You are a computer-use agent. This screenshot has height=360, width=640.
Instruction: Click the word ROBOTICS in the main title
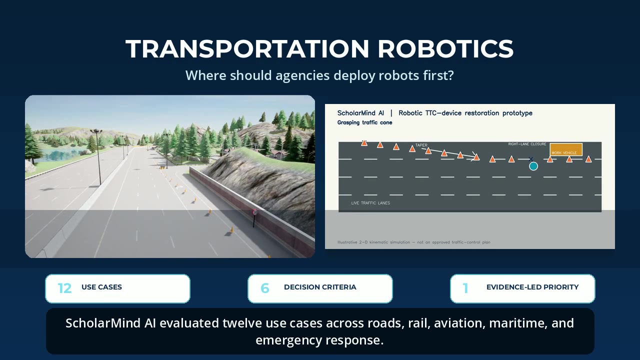point(445,49)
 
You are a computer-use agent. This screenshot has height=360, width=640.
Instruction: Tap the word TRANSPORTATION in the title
point(247,49)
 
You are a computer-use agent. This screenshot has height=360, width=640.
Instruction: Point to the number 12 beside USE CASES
point(64,288)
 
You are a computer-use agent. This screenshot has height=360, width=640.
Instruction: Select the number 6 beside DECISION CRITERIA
point(265,288)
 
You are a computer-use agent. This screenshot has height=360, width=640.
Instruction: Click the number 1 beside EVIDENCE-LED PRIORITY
point(465,288)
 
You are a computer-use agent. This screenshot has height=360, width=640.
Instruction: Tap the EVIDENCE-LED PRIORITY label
point(532,287)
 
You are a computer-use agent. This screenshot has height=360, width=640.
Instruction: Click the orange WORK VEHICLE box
point(566,149)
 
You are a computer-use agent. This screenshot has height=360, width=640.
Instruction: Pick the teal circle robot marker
point(533,166)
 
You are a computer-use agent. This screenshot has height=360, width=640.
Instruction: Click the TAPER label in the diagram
point(421,145)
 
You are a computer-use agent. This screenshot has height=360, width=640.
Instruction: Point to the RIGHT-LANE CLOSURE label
point(527,144)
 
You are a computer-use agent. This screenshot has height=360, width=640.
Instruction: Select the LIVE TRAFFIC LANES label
point(370,203)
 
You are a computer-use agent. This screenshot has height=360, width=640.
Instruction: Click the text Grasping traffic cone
point(364,122)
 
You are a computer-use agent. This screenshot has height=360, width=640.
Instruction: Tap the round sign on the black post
point(255,212)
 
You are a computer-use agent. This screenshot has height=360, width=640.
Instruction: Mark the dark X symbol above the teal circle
point(531,159)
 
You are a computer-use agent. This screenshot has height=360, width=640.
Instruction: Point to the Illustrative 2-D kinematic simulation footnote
point(413,242)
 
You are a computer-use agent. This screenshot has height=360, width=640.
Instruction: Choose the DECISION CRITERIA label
point(320,287)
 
